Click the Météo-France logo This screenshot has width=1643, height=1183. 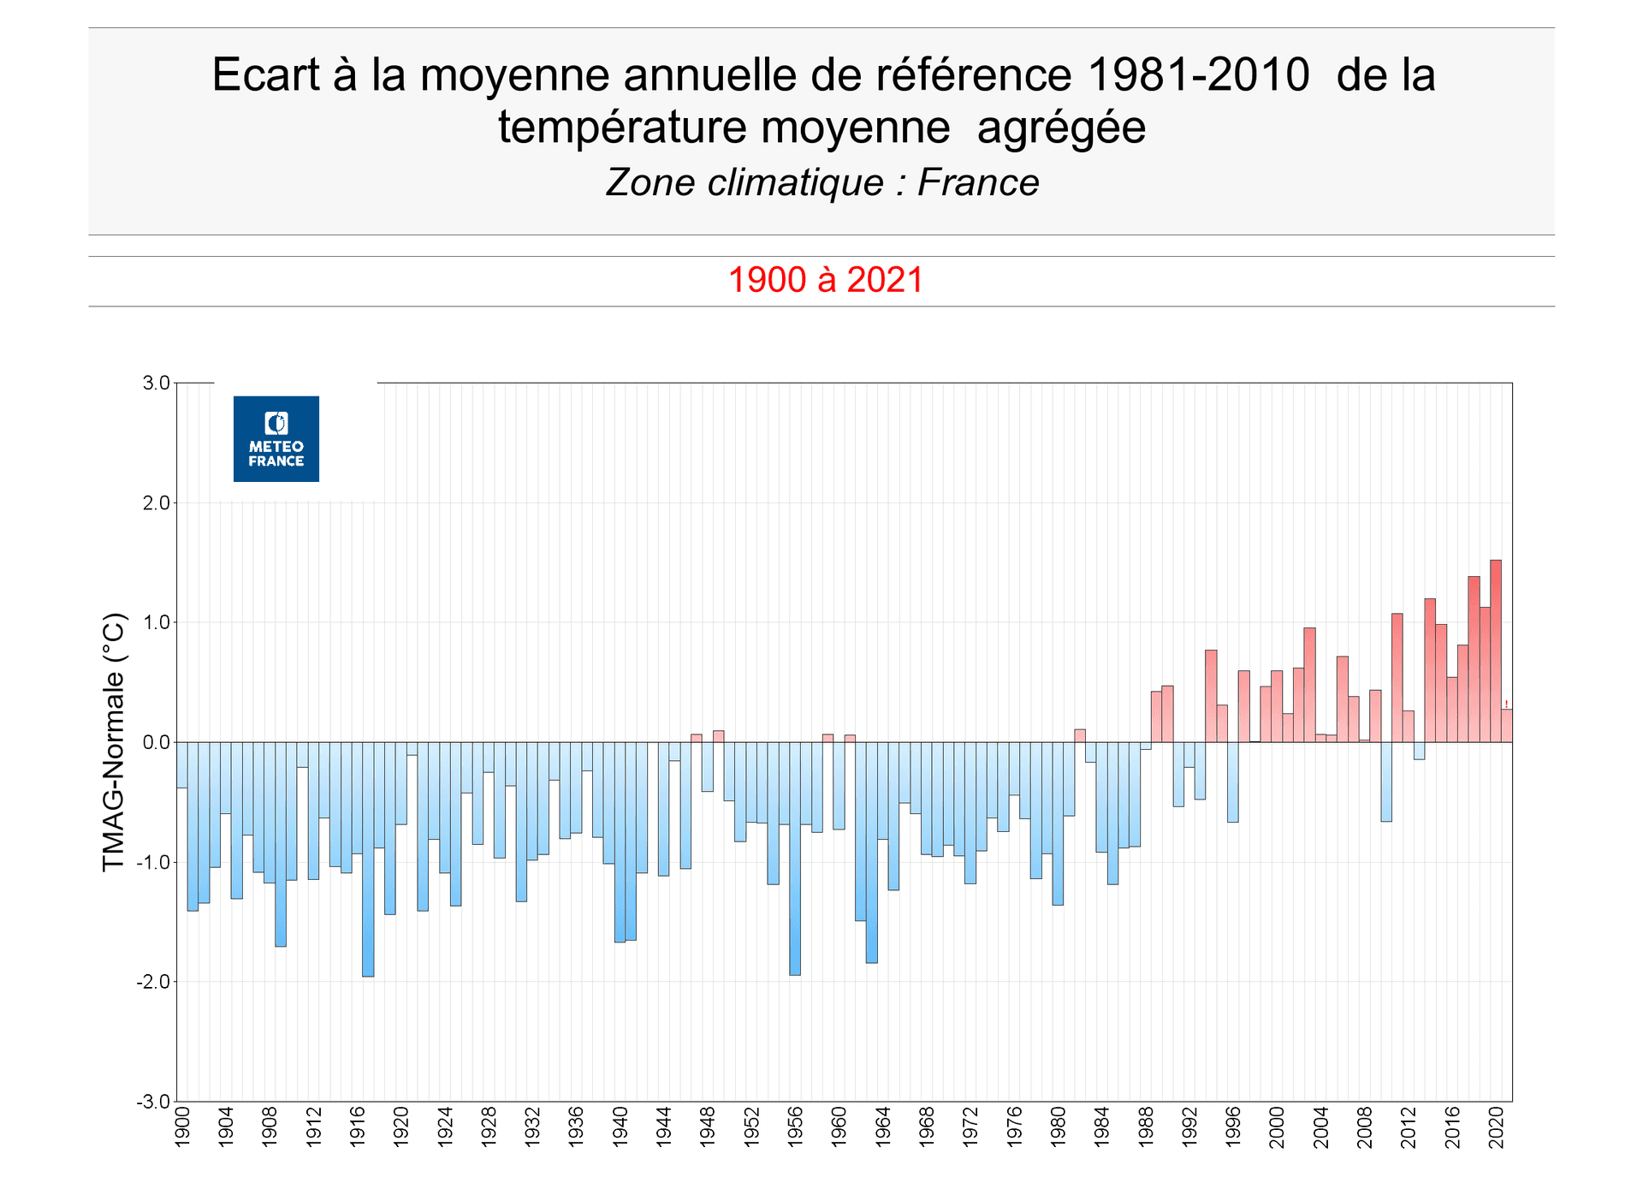click(276, 438)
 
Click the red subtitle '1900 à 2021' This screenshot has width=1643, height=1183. click(825, 280)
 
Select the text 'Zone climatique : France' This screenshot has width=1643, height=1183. click(821, 182)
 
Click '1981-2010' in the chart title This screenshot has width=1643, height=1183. click(1198, 74)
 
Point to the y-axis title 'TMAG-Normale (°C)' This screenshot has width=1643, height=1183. click(114, 741)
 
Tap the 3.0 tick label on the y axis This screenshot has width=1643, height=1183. click(156, 383)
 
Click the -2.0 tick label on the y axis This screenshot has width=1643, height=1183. click(153, 982)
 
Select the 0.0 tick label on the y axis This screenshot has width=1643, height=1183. click(156, 742)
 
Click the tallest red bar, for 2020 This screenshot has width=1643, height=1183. click(1496, 651)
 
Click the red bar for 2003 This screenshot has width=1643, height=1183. click(1309, 685)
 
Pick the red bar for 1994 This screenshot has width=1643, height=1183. click(1211, 696)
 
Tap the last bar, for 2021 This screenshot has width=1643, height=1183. click(1507, 725)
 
